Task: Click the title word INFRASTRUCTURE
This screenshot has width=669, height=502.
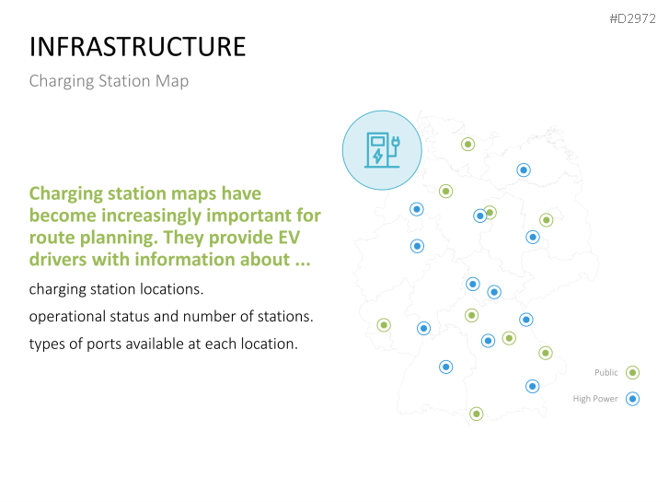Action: tap(137, 47)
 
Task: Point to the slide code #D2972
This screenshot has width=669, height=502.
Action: tap(632, 18)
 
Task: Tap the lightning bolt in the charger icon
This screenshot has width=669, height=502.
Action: tap(377, 156)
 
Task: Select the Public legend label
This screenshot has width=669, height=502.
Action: tap(606, 372)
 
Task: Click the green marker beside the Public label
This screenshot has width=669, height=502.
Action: tap(632, 372)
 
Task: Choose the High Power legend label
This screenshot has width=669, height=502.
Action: tap(595, 399)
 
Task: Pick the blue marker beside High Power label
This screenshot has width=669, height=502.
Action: tap(632, 399)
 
